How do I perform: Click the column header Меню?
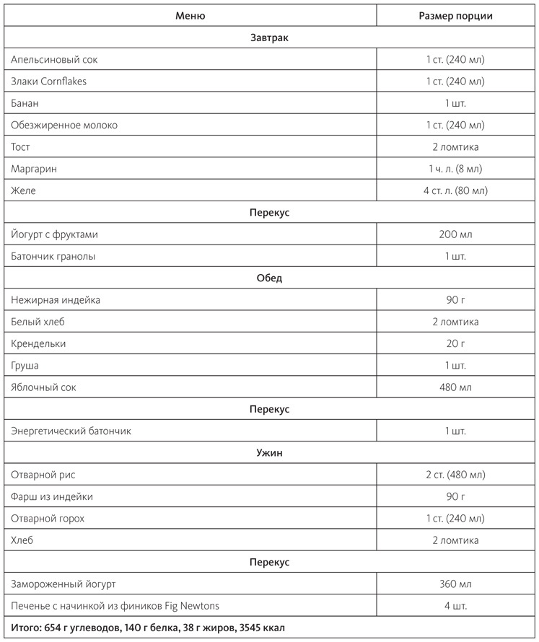pyautogui.click(x=190, y=16)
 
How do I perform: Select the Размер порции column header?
pyautogui.click(x=456, y=16)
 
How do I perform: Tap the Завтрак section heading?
pyautogui.click(x=269, y=38)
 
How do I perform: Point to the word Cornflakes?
pyautogui.click(x=63, y=82)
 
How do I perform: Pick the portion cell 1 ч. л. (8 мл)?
pyautogui.click(x=456, y=169)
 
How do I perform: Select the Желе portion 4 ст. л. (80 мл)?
pyautogui.click(x=456, y=190)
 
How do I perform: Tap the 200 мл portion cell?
pyautogui.click(x=456, y=234)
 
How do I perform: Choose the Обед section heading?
pyautogui.click(x=269, y=278)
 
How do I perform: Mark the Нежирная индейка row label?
pyautogui.click(x=56, y=300)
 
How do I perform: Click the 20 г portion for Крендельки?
pyautogui.click(x=456, y=343)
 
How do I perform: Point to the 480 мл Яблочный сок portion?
pyautogui.click(x=456, y=387)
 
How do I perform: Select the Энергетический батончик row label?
pyautogui.click(x=71, y=431)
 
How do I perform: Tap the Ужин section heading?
pyautogui.click(x=269, y=453)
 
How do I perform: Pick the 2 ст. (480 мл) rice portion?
pyautogui.click(x=456, y=475)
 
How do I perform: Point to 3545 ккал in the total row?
pyautogui.click(x=261, y=628)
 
